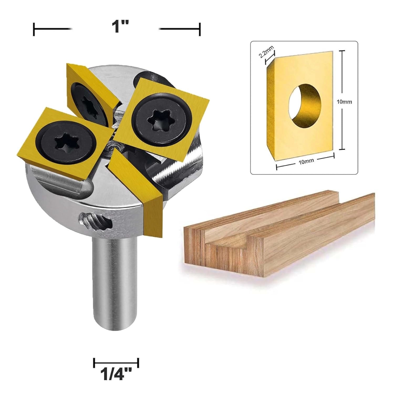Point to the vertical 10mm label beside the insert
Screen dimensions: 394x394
[344, 102]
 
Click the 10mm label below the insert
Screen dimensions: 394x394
[304, 162]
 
